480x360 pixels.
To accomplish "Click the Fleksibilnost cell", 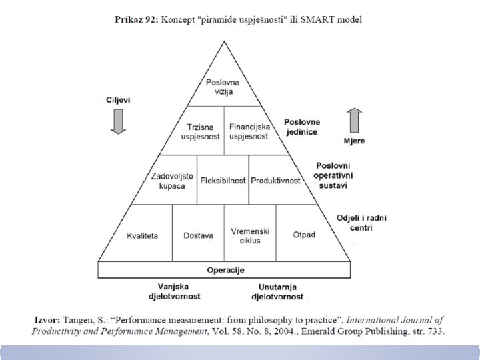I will coord(223,180).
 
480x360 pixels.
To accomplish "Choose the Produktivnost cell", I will coord(275,180).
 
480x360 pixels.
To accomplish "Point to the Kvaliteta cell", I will coord(142,235).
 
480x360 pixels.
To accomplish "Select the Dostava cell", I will coord(198,235).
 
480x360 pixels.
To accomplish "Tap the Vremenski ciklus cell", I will coord(249,235).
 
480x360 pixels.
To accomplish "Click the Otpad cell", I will coord(303,235).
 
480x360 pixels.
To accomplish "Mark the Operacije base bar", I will coord(223,270).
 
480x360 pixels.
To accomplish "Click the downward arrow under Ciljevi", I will coord(118,121).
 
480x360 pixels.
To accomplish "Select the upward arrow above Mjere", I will coord(355,121).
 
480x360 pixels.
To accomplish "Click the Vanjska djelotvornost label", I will coord(174,291).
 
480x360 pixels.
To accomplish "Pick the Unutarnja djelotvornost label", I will coord(277,291).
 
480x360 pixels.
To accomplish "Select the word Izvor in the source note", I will coord(45,321).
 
